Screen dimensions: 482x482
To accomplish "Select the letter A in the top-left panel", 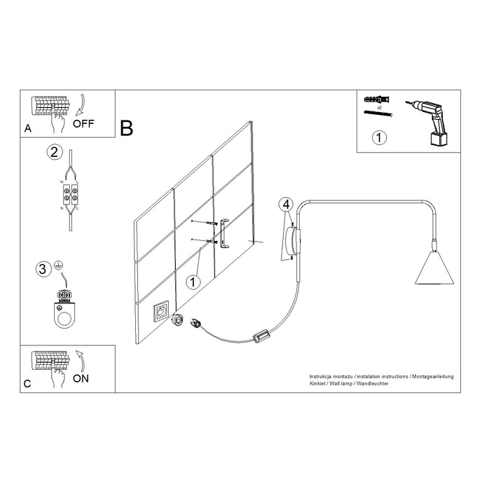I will point(27,129).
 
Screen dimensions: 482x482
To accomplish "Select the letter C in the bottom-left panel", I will point(27,384).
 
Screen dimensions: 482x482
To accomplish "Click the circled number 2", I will point(53,151).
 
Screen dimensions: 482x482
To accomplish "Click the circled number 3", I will point(43,268).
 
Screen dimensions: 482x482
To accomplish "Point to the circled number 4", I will point(285,205).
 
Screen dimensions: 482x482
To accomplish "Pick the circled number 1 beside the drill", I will point(378,137).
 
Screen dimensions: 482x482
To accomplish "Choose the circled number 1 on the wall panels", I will point(194,282).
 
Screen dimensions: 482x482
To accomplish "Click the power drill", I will point(433,121).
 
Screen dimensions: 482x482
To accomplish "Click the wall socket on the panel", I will point(160,312).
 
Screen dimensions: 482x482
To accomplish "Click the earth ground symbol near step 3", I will point(60,264).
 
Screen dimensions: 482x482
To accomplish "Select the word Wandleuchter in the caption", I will point(371,385).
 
